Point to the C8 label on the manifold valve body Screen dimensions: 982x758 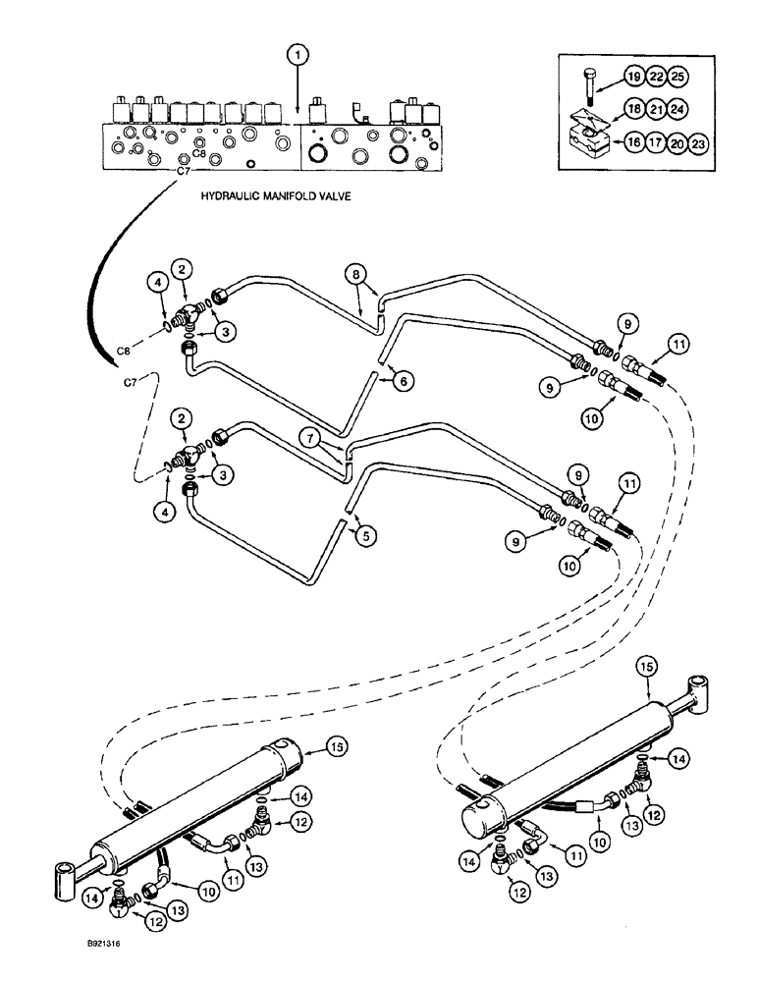click(198, 153)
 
